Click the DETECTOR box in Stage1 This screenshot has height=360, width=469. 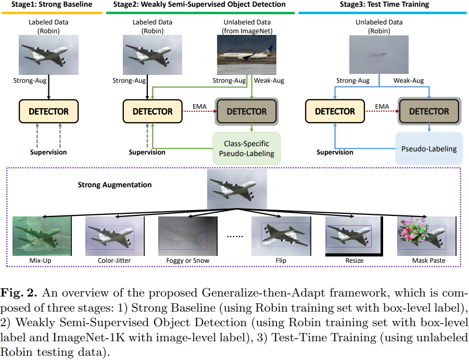click(48, 111)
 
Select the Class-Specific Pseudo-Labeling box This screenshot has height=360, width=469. click(247, 148)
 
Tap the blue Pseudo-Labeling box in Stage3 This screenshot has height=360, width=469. click(428, 149)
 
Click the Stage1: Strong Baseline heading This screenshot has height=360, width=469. click(49, 5)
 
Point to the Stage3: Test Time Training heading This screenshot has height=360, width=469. click(385, 5)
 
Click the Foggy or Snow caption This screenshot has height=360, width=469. click(188, 261)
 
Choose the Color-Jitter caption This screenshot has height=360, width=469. click(114, 261)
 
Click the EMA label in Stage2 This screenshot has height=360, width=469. click(200, 107)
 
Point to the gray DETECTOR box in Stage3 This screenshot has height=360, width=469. click(428, 111)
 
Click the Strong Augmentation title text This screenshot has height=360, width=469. click(115, 185)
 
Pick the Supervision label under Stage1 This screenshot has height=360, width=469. click(47, 152)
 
